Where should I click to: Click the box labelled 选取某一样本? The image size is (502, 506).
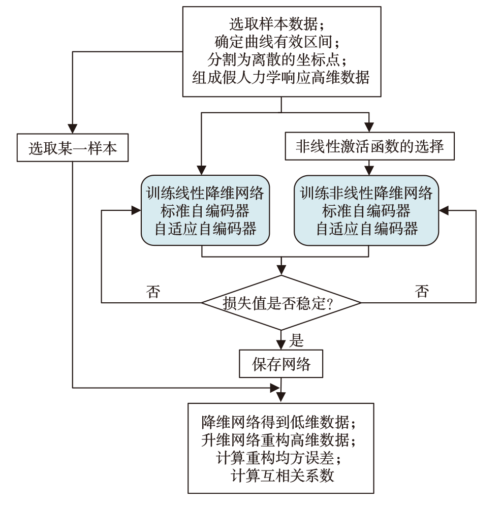(73, 148)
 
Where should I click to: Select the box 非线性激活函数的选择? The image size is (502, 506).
(369, 147)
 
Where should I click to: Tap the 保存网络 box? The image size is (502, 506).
(281, 364)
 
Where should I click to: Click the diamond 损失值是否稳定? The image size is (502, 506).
(281, 303)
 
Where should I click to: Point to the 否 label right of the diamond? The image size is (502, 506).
(421, 291)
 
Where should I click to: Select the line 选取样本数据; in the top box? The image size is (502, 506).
(280, 24)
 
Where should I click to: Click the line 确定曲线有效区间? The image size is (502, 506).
(280, 42)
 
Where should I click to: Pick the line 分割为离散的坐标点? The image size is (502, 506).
(280, 59)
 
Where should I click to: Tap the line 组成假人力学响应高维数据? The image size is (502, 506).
(280, 77)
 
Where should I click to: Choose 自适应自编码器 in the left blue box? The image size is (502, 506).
(205, 229)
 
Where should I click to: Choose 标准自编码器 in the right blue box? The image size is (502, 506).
(366, 211)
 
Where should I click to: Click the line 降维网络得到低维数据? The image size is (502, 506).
(281, 422)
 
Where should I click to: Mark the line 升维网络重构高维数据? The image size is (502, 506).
(281, 439)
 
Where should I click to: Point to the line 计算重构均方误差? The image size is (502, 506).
(281, 457)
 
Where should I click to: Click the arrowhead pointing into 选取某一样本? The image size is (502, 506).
(73, 129)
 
